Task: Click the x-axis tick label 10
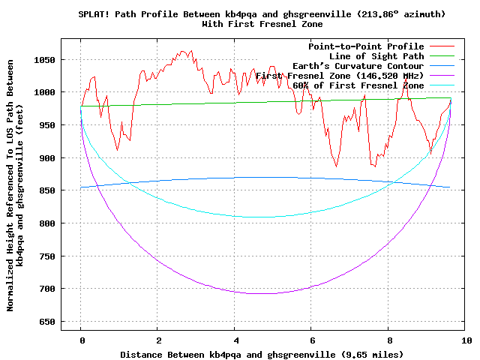[466, 340]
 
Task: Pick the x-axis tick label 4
[235, 340]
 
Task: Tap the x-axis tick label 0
[81, 340]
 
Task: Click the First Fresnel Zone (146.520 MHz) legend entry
[340, 76]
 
